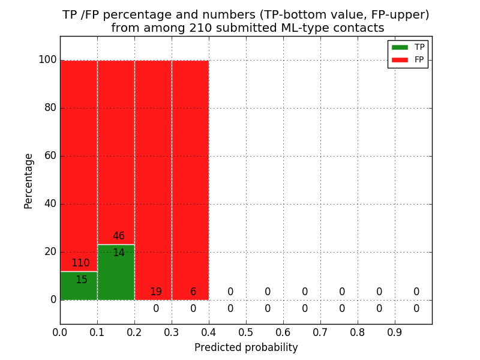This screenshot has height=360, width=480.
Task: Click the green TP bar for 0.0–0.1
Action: click(x=79, y=286)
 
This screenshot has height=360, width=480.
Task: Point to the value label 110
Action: click(x=80, y=263)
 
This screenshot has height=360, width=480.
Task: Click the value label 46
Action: click(x=119, y=236)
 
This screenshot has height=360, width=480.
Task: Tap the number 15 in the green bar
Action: click(x=82, y=280)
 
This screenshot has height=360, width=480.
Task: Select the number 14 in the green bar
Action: click(x=119, y=253)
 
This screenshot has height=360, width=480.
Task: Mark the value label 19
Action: click(x=156, y=292)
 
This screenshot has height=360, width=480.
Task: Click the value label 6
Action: click(x=193, y=292)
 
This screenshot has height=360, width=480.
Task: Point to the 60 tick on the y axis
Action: click(x=49, y=156)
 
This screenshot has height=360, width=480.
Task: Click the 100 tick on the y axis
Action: click(x=47, y=60)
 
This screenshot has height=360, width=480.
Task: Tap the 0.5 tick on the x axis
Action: click(x=246, y=332)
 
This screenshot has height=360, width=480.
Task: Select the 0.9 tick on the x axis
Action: click(x=395, y=332)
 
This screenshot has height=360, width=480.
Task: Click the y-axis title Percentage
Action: click(x=29, y=181)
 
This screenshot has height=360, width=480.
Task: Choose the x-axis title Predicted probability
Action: click(x=246, y=348)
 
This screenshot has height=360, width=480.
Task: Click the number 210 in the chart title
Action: click(x=202, y=28)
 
